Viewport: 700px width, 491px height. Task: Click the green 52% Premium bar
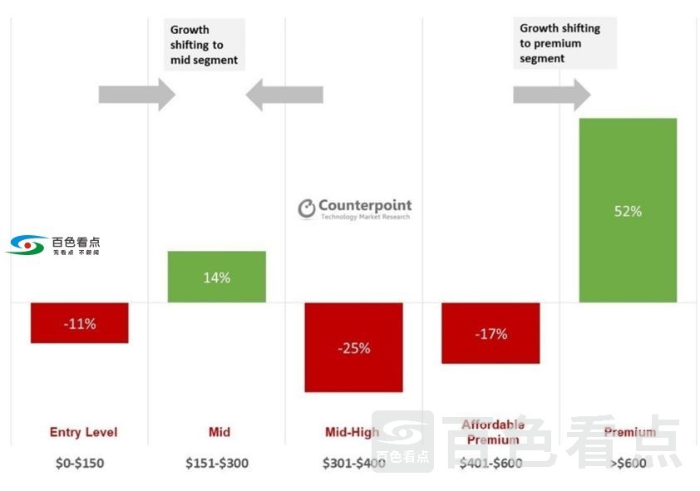[x=628, y=210]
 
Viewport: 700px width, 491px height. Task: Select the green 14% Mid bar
[x=217, y=277]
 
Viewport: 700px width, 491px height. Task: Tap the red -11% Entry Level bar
[x=80, y=322]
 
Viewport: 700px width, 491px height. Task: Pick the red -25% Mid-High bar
[x=353, y=347]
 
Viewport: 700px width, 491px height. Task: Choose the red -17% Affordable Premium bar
[x=490, y=333]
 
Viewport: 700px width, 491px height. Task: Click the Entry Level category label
[x=83, y=432]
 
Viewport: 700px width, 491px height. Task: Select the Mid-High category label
[x=352, y=432]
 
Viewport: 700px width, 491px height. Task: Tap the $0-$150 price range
[x=81, y=463]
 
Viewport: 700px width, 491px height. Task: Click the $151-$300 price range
[x=217, y=463]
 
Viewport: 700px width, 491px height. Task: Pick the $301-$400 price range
[x=354, y=463]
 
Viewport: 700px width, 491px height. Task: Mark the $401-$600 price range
[x=490, y=463]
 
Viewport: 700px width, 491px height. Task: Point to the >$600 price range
[x=628, y=463]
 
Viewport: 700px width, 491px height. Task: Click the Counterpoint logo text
[x=364, y=206]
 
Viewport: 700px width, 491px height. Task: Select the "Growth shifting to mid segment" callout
[x=204, y=45]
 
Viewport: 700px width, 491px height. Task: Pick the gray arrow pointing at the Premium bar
[x=551, y=95]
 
